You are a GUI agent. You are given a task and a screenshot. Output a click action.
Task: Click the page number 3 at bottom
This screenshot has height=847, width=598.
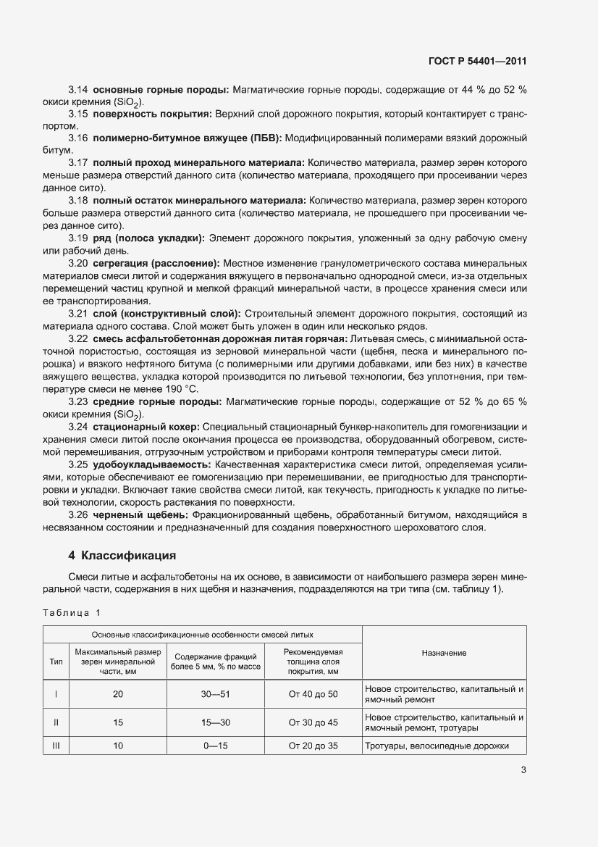click(x=523, y=770)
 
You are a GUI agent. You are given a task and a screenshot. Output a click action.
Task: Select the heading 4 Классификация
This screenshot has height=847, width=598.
click(x=122, y=556)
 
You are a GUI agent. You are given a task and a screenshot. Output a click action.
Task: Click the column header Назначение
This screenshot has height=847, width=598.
click(x=444, y=653)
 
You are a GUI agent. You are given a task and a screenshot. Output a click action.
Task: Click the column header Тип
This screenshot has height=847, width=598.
click(x=56, y=662)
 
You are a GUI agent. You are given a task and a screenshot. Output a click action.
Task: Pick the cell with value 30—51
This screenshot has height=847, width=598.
click(x=215, y=694)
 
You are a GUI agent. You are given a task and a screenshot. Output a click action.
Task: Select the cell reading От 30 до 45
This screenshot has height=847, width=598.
click(x=313, y=722)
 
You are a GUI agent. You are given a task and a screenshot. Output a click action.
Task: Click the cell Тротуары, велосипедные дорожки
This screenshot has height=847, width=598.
click(x=437, y=746)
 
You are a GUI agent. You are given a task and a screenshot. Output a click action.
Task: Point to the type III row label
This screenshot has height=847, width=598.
click(x=56, y=746)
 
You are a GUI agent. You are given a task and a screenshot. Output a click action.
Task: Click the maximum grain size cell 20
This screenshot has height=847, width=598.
click(x=118, y=694)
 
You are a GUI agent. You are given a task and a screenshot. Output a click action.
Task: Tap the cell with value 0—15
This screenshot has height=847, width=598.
click(x=215, y=746)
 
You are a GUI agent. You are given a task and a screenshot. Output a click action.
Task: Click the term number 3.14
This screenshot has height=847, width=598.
click(x=78, y=89)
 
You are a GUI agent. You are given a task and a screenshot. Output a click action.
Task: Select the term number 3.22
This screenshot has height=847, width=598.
click(x=78, y=339)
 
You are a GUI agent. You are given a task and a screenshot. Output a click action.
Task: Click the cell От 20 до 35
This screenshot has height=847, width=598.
click(x=313, y=746)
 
